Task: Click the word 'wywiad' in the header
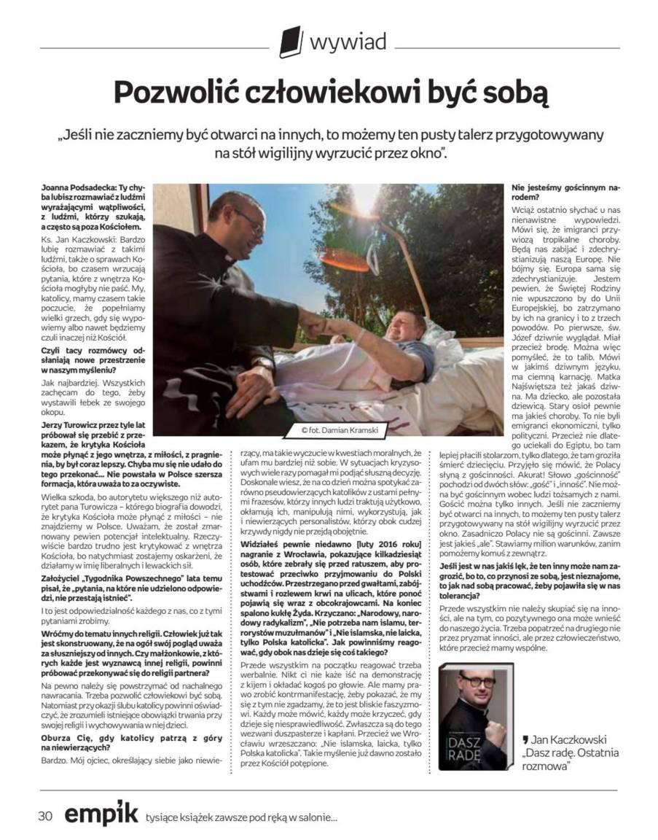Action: pyautogui.click(x=348, y=42)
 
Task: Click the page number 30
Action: pyautogui.click(x=45, y=816)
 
